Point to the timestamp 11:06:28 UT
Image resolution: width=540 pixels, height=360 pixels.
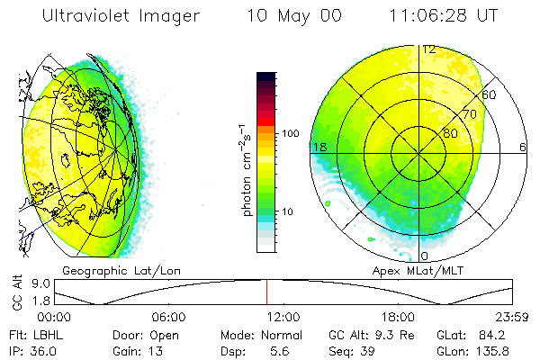pyautogui.click(x=444, y=16)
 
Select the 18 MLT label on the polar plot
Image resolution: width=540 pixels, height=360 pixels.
pyautogui.click(x=319, y=147)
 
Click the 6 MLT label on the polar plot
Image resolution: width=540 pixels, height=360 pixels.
pyautogui.click(x=522, y=147)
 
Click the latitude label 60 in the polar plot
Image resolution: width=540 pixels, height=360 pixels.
pyautogui.click(x=489, y=94)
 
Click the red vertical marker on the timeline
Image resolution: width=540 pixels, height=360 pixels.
pyautogui.click(x=266, y=292)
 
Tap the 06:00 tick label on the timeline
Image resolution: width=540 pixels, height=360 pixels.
pyautogui.click(x=168, y=318)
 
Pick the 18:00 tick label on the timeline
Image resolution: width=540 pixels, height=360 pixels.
pyautogui.click(x=397, y=318)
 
